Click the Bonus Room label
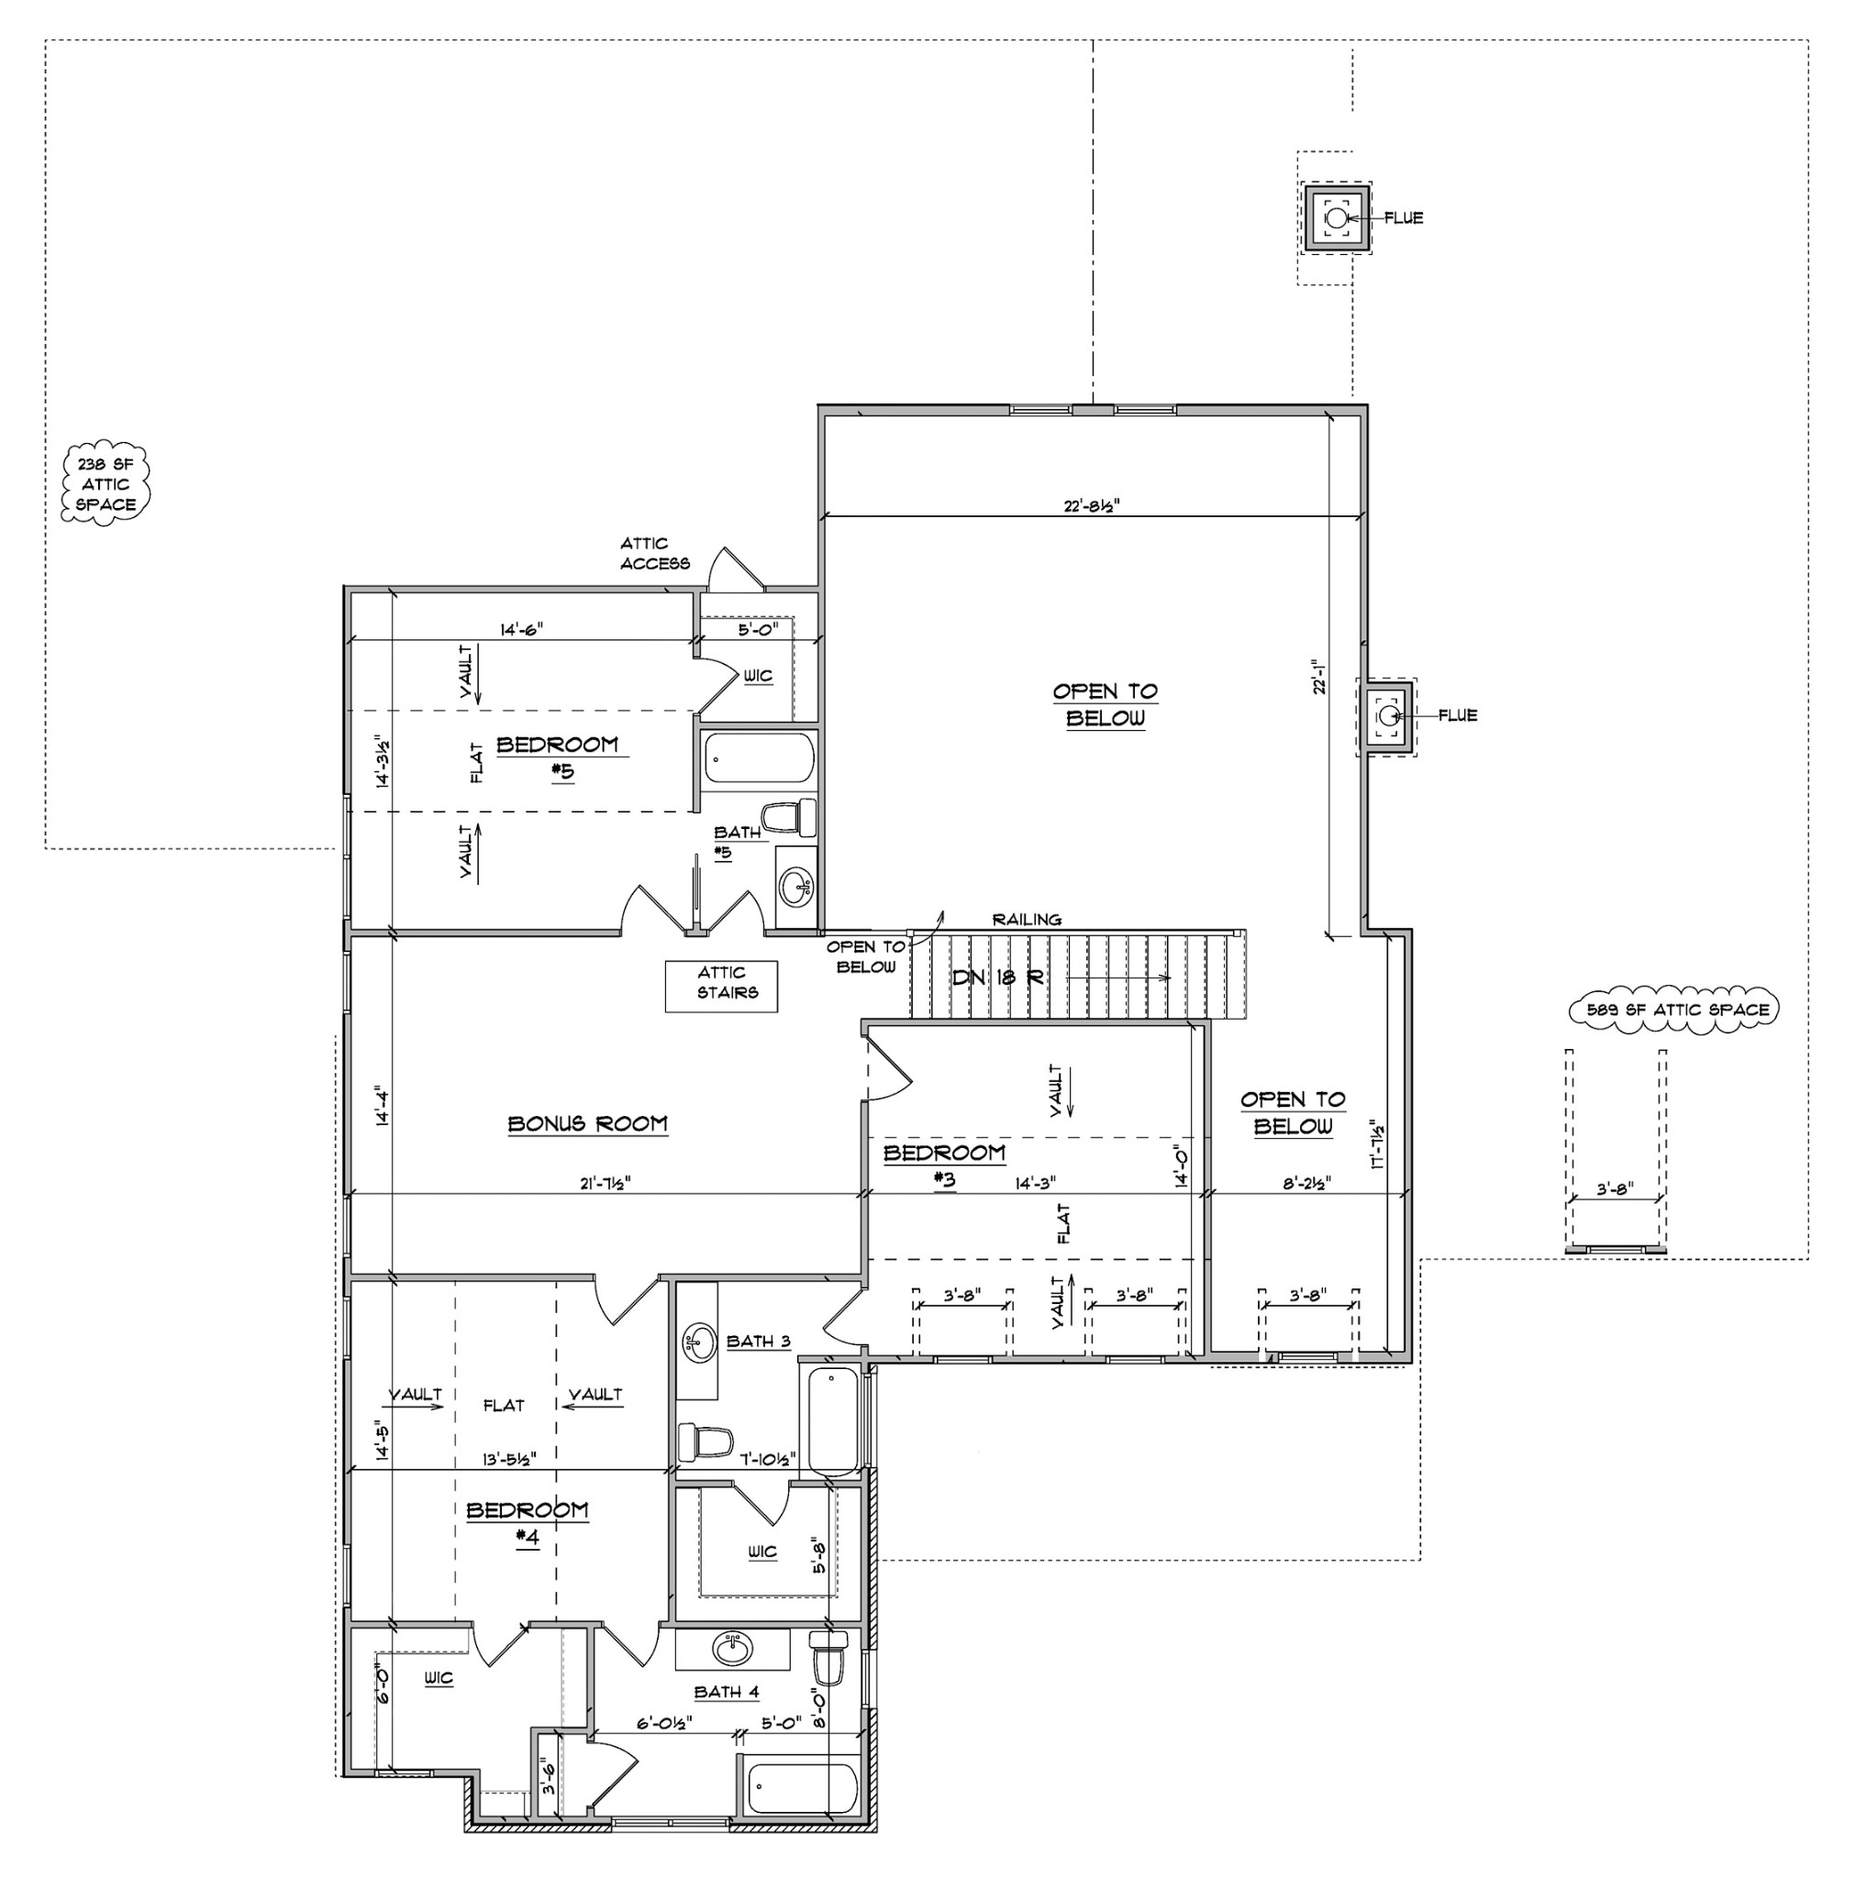587,1123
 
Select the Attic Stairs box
721,986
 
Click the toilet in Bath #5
789,816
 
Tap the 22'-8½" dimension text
1092,505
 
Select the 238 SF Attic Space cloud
106,484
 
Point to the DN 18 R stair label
997,978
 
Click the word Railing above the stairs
1027,919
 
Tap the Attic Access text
654,553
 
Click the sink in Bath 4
732,1649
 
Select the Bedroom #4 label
527,1523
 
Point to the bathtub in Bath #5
760,757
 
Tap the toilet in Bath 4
828,1656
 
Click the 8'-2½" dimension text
1306,1183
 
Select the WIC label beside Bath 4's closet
762,1552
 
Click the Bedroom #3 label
944,1165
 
